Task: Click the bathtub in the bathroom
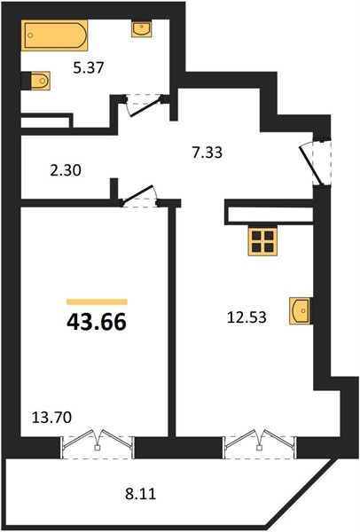pyautogui.click(x=54, y=35)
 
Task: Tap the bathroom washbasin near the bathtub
pyautogui.click(x=142, y=28)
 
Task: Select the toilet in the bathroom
pyautogui.click(x=36, y=81)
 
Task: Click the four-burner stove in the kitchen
pyautogui.click(x=262, y=241)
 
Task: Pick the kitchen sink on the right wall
pyautogui.click(x=301, y=311)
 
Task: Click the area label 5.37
pyautogui.click(x=89, y=68)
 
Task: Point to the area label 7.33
pyautogui.click(x=207, y=153)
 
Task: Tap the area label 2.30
pyautogui.click(x=66, y=170)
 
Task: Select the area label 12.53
pyautogui.click(x=247, y=317)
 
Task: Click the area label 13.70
pyautogui.click(x=51, y=418)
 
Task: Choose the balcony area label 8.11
pyautogui.click(x=141, y=494)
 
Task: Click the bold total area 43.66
pyautogui.click(x=97, y=322)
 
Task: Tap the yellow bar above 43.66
pyautogui.click(x=97, y=301)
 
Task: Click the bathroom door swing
pyautogui.click(x=145, y=106)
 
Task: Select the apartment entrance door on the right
pyautogui.click(x=315, y=163)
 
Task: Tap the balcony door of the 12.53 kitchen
pyautogui.click(x=260, y=444)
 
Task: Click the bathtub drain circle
pyautogui.click(x=30, y=35)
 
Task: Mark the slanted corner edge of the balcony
pyautogui.click(x=302, y=494)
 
